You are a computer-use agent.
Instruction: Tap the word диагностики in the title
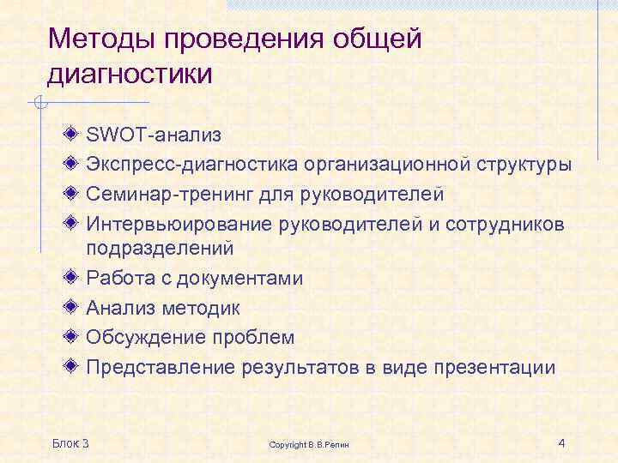click(130, 75)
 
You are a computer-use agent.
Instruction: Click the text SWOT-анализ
click(154, 135)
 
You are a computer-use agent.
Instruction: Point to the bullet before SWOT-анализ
click(72, 134)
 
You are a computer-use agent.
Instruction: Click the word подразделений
click(160, 249)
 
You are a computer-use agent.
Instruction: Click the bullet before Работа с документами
click(72, 278)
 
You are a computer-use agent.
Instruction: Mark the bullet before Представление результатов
click(72, 366)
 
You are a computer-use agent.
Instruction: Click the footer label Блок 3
click(70, 442)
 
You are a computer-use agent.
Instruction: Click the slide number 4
click(560, 442)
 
